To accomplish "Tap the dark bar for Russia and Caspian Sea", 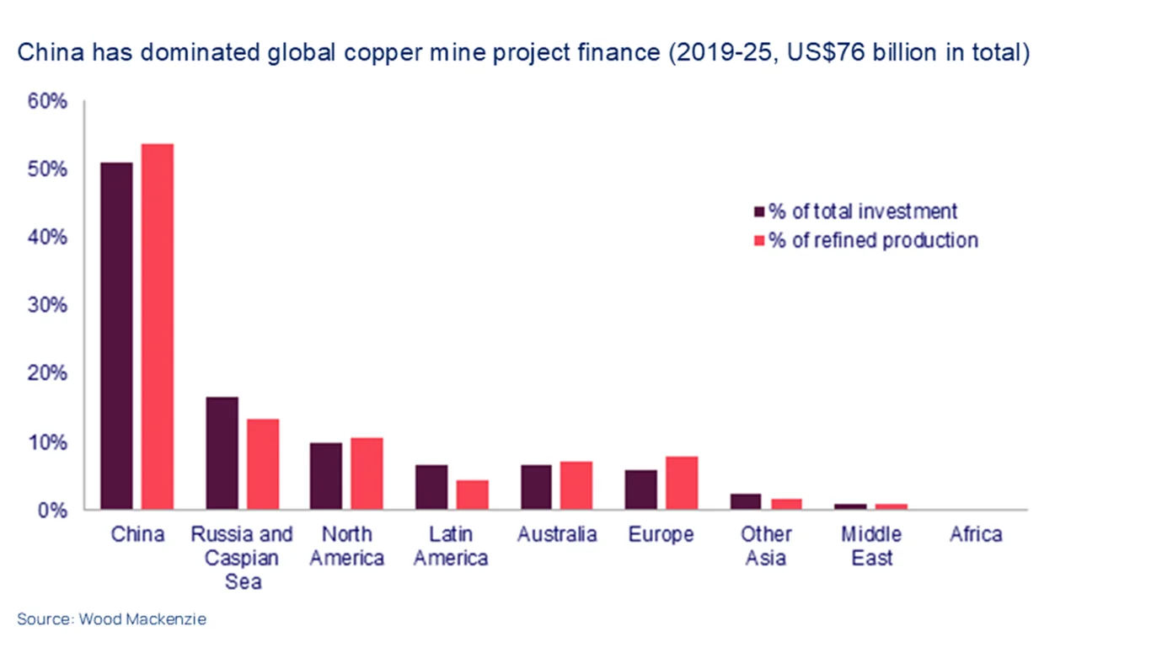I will point(222,452).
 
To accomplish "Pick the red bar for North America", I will point(367,474).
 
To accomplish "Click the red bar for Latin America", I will point(472,495).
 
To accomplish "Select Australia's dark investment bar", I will point(536,487).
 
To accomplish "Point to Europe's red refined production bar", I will point(682,483).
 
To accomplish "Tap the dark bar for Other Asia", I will point(746,501).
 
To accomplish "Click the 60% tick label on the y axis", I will point(47,101).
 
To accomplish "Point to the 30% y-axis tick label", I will point(47,305).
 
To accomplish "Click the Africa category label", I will point(976,534).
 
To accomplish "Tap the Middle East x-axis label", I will point(871,546).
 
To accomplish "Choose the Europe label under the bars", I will point(661,534).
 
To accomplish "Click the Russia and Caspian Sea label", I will point(242,557).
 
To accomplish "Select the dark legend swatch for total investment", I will point(758,211).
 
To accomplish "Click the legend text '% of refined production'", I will point(873,240).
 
